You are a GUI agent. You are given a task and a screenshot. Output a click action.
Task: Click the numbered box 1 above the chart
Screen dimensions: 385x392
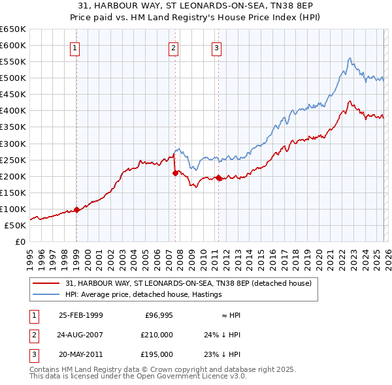point(75,48)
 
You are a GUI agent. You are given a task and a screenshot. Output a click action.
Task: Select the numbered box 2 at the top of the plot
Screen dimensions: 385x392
point(173,48)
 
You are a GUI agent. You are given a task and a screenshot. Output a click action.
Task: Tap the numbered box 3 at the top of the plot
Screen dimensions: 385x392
point(216,48)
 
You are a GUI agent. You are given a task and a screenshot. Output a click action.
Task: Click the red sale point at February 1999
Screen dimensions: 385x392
point(76,209)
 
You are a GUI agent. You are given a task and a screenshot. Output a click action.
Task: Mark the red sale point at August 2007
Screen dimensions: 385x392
point(175,173)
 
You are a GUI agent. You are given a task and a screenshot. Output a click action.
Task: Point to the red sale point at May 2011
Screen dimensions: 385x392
point(218,177)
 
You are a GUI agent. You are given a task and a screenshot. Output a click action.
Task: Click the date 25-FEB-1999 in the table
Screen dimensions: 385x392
point(80,315)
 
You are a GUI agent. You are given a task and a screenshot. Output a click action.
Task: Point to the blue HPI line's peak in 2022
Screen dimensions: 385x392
point(350,58)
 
